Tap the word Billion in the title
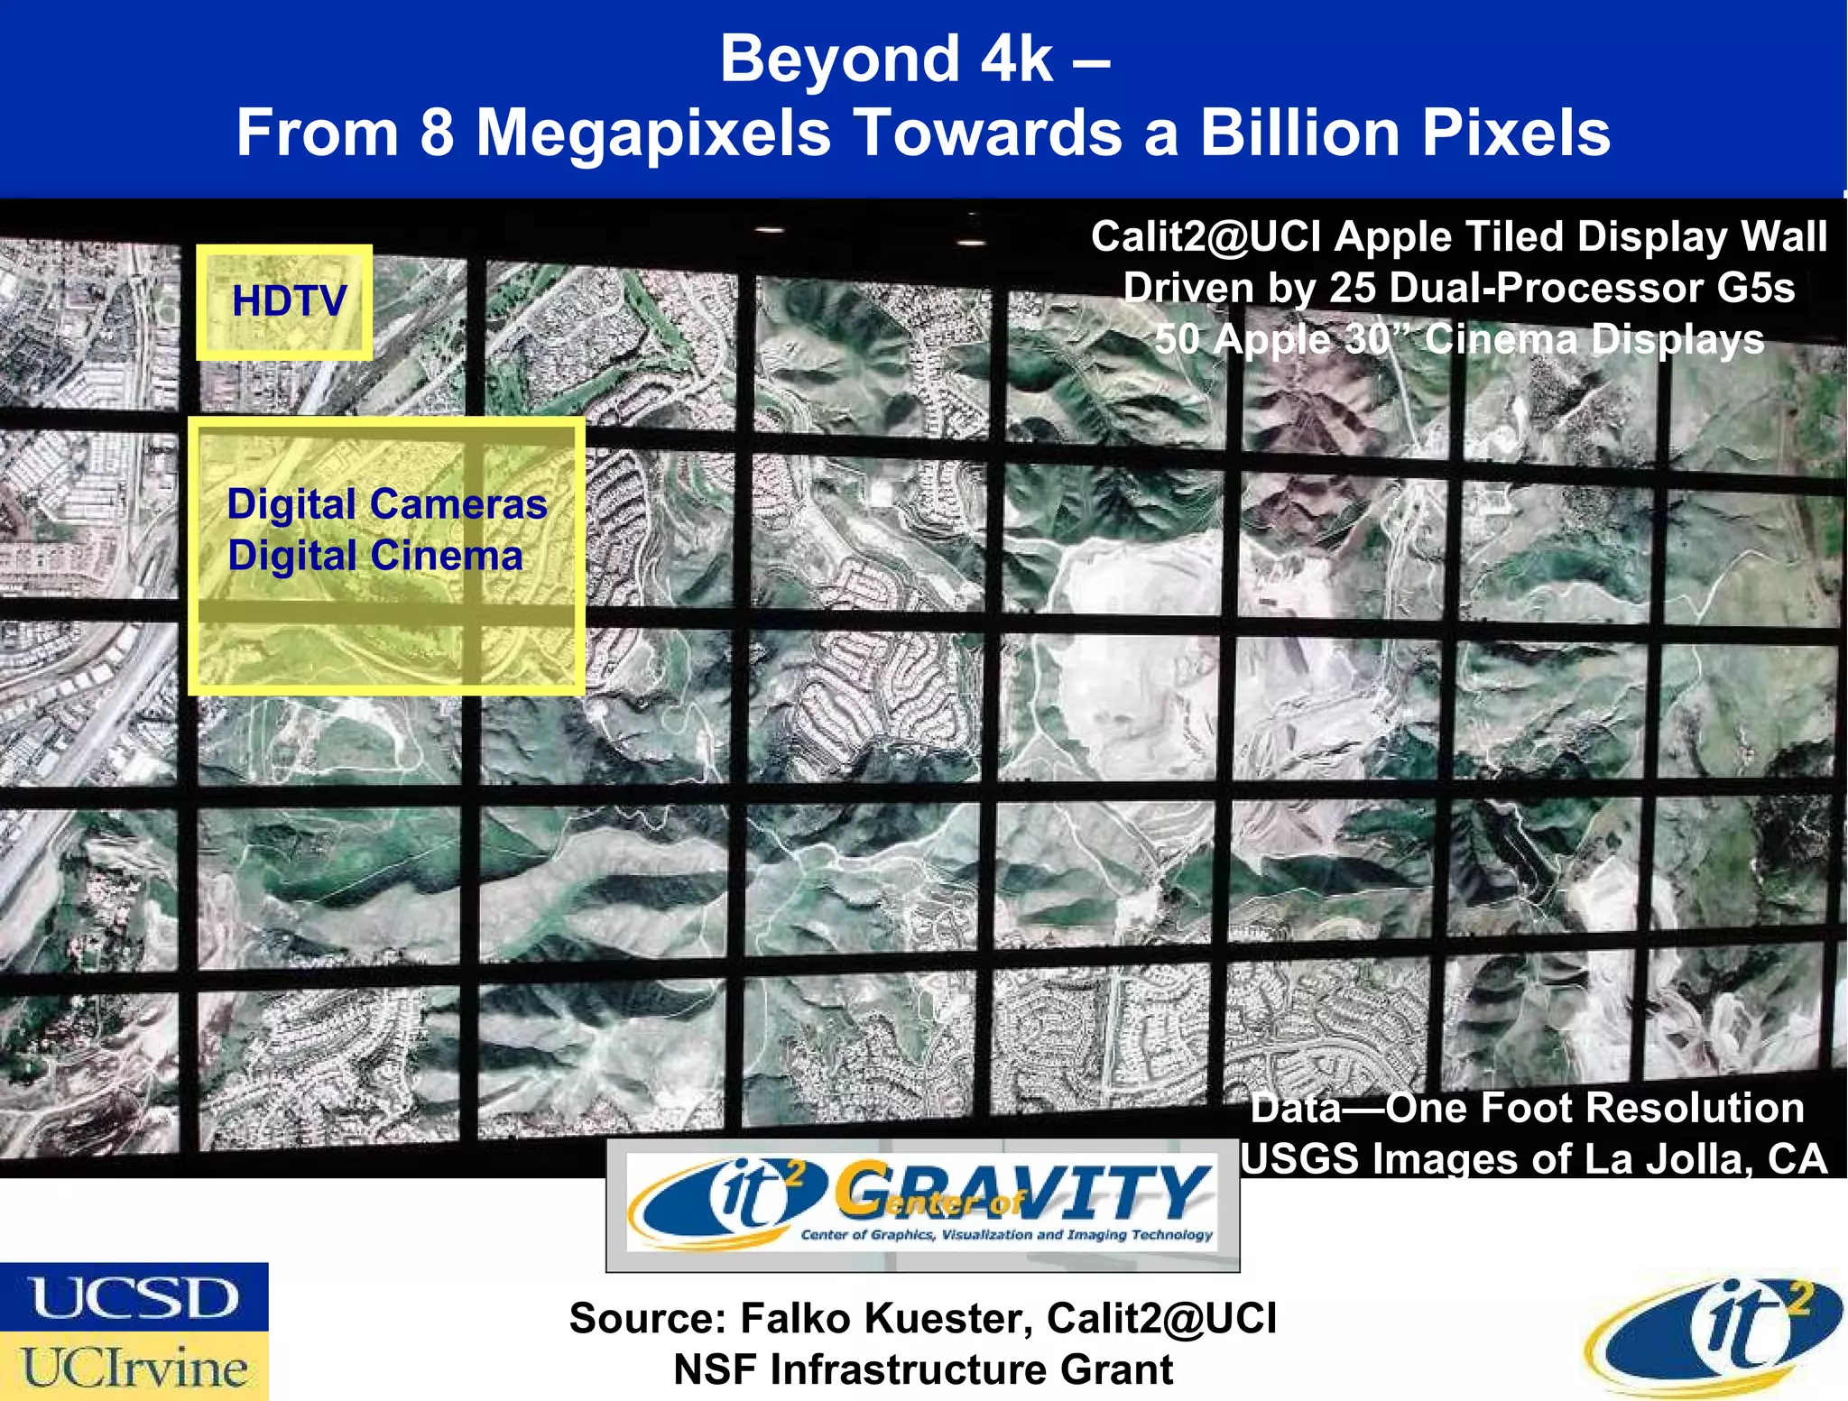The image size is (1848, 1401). [1299, 133]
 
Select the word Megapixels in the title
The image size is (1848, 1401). [652, 133]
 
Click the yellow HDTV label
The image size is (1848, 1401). [289, 301]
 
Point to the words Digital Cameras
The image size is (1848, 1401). [386, 504]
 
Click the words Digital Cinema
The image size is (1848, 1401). [374, 556]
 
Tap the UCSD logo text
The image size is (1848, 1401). [134, 1298]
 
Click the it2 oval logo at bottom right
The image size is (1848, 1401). [1714, 1333]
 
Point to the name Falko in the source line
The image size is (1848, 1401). [795, 1319]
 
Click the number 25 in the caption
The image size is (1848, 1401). [1352, 289]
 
